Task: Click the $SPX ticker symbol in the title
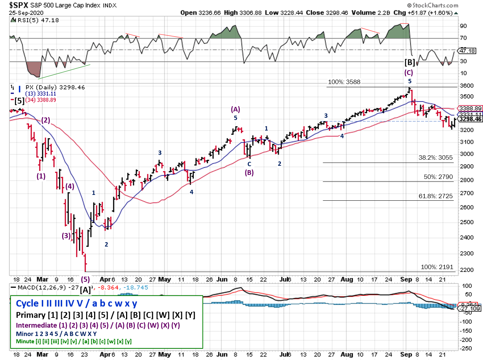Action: coord(19,5)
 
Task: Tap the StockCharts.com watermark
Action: coord(433,5)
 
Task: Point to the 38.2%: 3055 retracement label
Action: coord(435,157)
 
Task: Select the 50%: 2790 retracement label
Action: coord(438,177)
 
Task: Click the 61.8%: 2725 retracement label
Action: coord(435,196)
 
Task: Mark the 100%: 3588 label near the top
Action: coord(344,82)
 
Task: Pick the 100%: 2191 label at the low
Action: coord(437,267)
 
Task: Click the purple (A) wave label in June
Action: coord(235,109)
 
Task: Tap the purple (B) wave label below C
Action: coord(249,172)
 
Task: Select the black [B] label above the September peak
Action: coord(410,62)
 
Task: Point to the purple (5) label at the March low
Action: coord(85,279)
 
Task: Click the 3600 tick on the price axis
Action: coord(467,86)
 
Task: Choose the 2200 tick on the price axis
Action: coord(467,270)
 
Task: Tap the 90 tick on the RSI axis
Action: coord(463,26)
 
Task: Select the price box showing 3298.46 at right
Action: coord(470,119)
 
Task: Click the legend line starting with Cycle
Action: coord(76,303)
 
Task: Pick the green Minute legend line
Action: coord(74,341)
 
